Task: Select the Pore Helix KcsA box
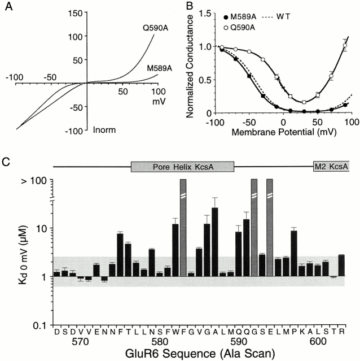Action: pyautogui.click(x=182, y=168)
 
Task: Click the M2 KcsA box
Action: pyautogui.click(x=331, y=168)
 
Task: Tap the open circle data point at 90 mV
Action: pyautogui.click(x=345, y=46)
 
